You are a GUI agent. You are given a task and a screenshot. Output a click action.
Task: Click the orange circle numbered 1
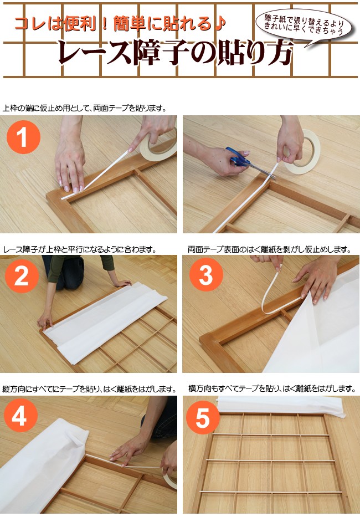point(23,137)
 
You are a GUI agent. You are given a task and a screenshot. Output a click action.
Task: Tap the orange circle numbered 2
point(22,276)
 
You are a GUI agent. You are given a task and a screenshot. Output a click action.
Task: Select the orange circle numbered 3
point(206,275)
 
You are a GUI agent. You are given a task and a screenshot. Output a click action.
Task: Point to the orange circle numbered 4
point(20,415)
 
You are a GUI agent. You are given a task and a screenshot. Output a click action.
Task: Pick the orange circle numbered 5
point(203,418)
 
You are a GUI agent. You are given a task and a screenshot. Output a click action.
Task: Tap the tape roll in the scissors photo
point(302,152)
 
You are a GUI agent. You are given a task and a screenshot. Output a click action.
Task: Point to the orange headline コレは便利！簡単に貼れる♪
point(120,24)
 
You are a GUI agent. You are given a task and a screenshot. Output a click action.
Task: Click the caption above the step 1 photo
point(85,108)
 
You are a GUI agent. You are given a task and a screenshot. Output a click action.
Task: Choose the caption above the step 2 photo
point(80,250)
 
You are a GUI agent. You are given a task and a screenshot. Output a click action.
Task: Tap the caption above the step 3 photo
point(269,250)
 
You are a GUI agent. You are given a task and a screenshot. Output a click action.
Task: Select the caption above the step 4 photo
point(89,389)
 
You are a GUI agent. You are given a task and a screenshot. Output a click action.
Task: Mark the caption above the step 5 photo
point(272,389)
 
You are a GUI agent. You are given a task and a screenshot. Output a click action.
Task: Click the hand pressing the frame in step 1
point(70,165)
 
